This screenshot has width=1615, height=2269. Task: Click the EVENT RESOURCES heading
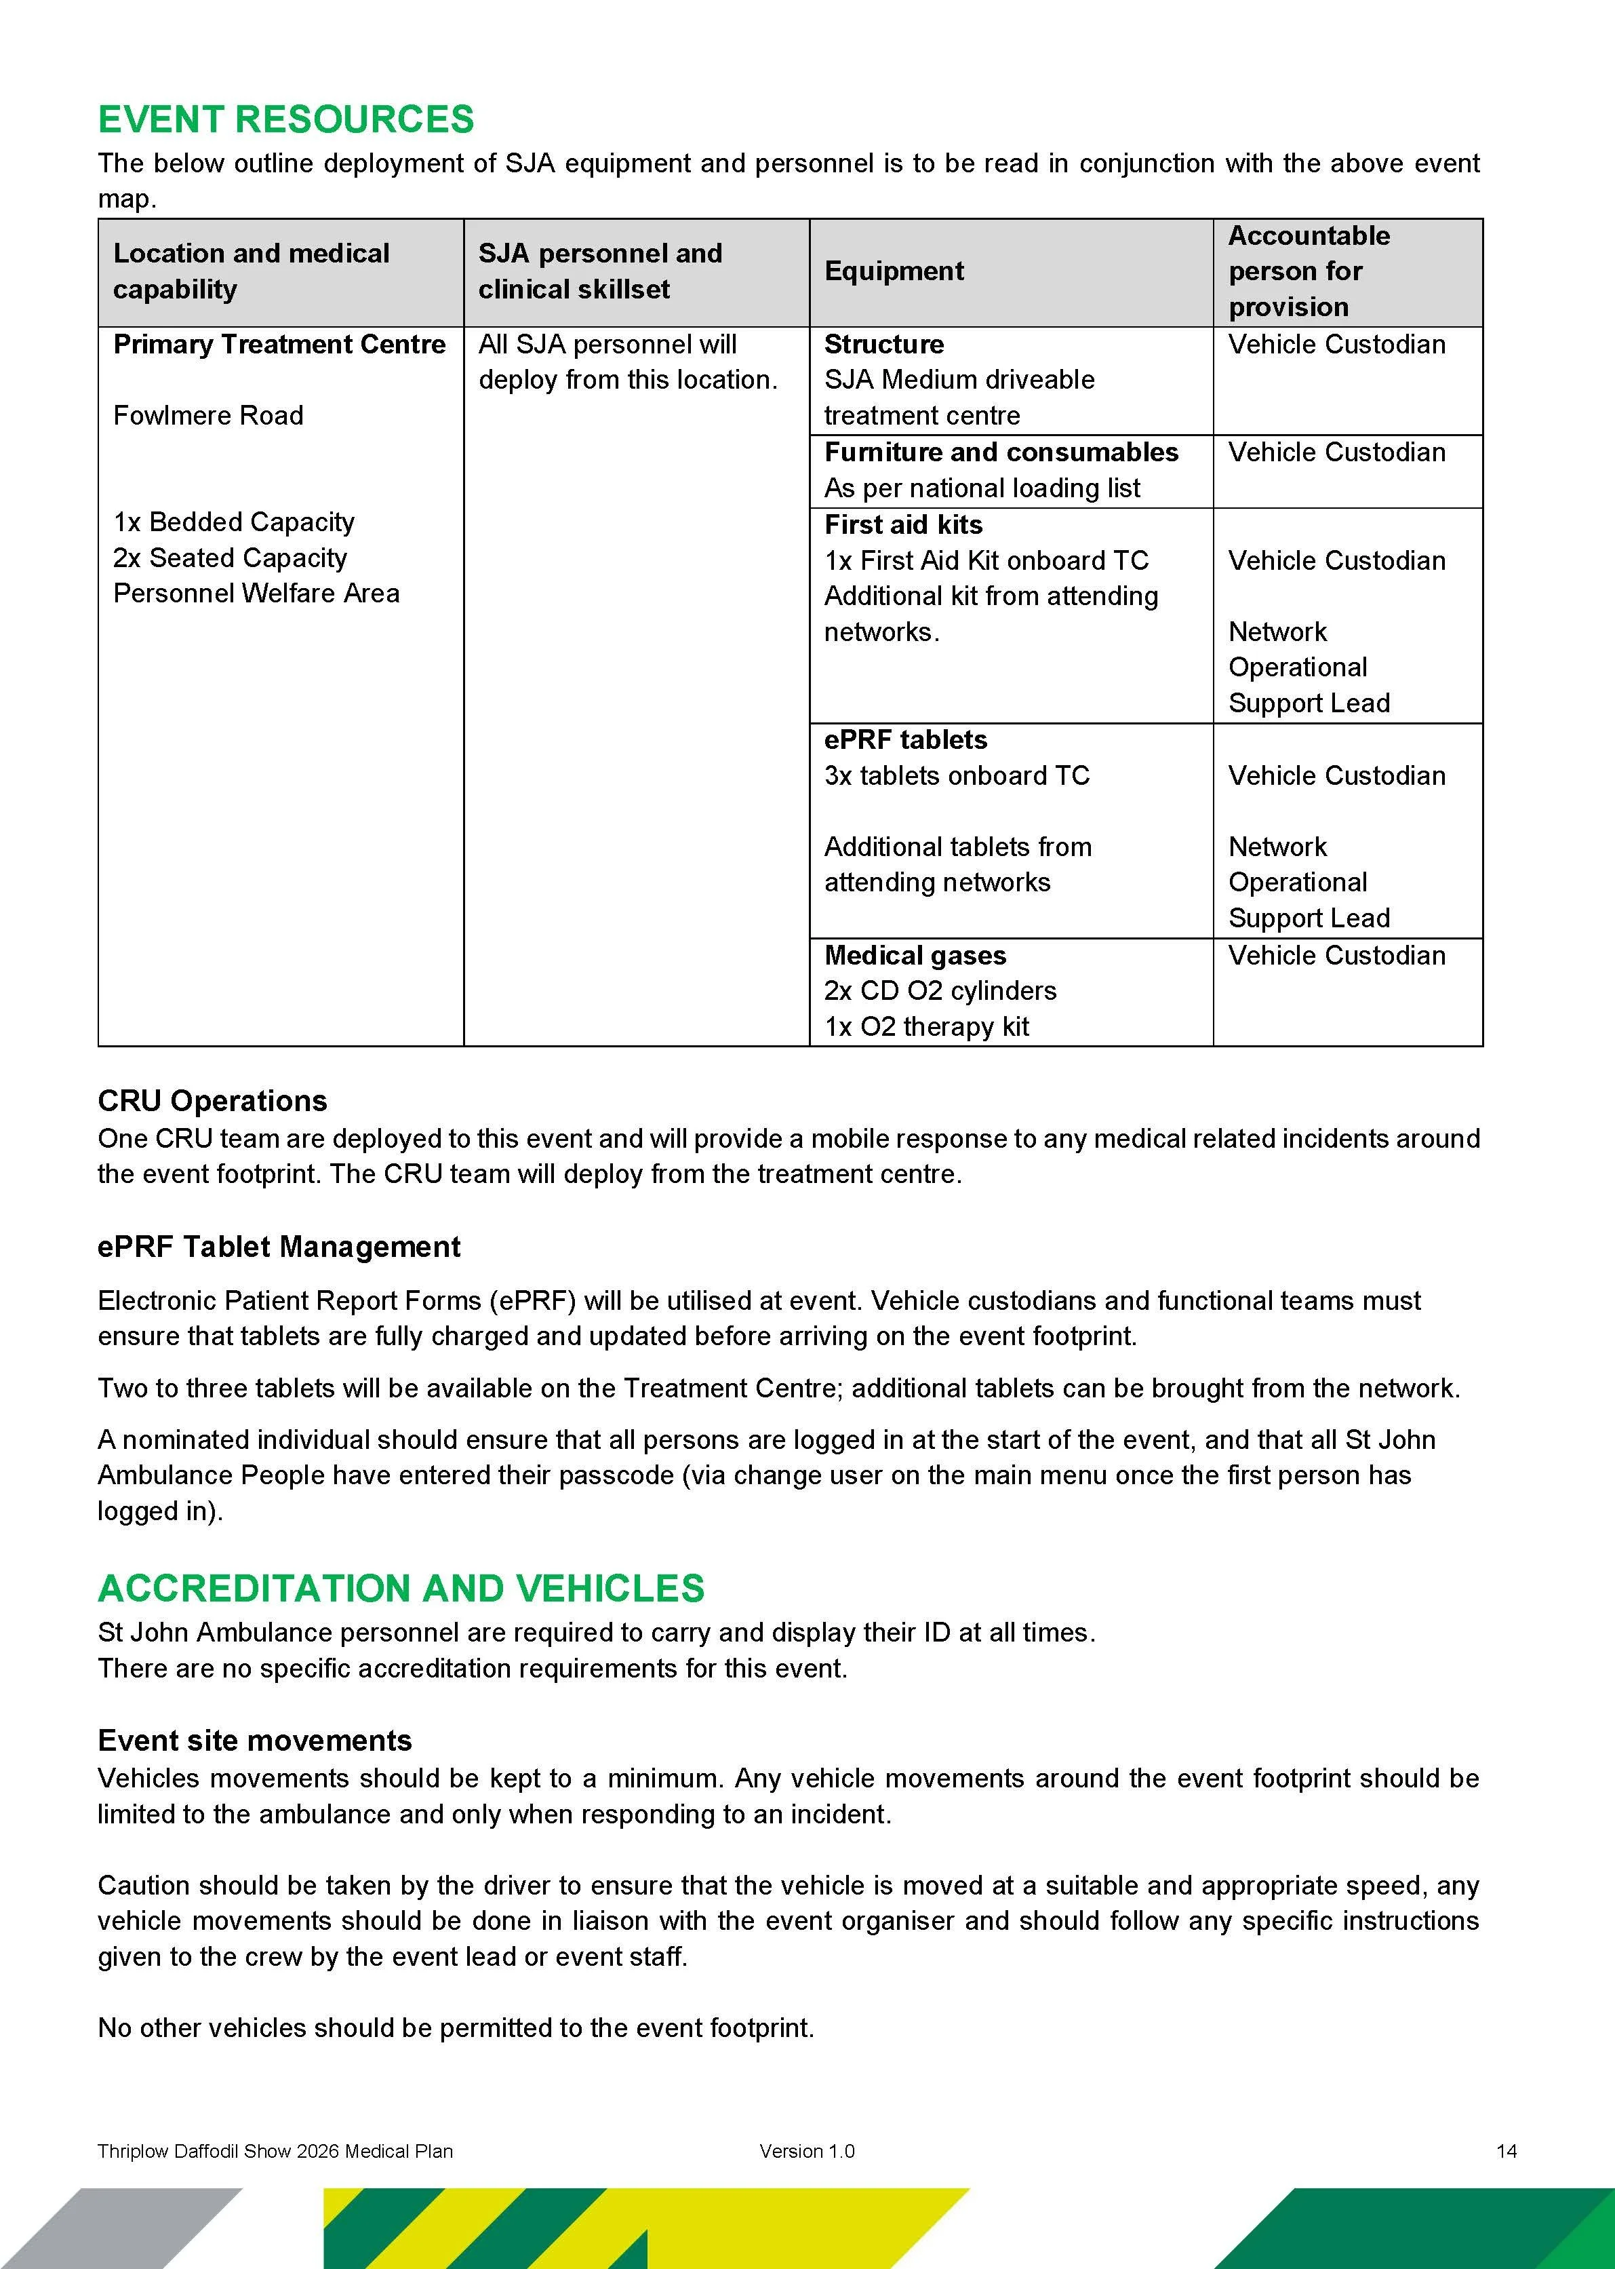coord(285,119)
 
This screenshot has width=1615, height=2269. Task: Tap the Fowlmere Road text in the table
coord(208,416)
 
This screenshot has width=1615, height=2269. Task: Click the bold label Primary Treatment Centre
coord(279,344)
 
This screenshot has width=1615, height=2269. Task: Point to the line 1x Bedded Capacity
coord(234,522)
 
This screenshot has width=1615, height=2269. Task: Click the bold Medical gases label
coord(914,955)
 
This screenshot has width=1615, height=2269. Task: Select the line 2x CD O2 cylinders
coord(940,991)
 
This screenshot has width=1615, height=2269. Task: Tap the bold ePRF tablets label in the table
coord(905,740)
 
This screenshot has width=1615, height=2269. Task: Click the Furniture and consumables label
coord(1001,452)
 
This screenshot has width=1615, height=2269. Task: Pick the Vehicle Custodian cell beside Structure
coord(1336,344)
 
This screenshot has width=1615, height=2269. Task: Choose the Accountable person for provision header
coord(1308,271)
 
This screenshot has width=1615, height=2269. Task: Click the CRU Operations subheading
coord(212,1101)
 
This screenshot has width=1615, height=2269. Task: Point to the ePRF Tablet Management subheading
coord(279,1247)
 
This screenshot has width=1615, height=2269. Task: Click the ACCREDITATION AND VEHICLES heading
coord(401,1589)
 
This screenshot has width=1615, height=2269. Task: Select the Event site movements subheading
coord(254,1741)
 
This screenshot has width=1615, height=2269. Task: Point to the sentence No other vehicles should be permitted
coord(456,2028)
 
